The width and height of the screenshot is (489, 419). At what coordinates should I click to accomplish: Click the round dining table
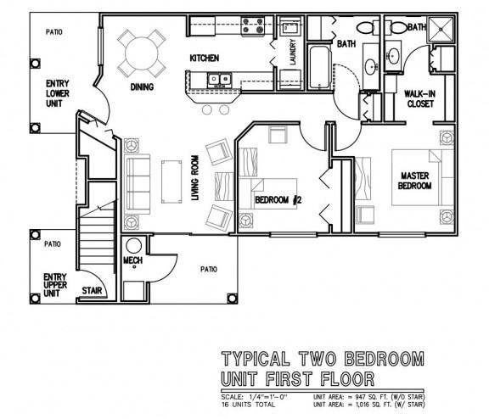pyautogui.click(x=142, y=53)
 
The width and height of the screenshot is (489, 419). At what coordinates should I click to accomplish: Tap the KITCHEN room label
pyautogui.click(x=205, y=58)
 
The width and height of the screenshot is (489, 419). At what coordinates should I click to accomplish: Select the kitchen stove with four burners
pyautogui.click(x=253, y=26)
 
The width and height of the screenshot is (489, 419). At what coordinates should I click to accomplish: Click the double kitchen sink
pyautogui.click(x=219, y=80)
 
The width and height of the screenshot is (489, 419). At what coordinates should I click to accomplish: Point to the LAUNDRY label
pyautogui.click(x=293, y=52)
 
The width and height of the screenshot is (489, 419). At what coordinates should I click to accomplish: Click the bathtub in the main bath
pyautogui.click(x=319, y=67)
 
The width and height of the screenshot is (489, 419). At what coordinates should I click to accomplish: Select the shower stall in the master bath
pyautogui.click(x=441, y=30)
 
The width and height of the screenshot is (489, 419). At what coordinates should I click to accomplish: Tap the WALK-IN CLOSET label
pyautogui.click(x=419, y=98)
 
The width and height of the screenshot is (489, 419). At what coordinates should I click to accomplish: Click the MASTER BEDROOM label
pyautogui.click(x=415, y=181)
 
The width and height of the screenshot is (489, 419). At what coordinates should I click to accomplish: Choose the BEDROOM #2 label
pyautogui.click(x=278, y=199)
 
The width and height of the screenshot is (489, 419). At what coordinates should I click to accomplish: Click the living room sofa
pyautogui.click(x=138, y=184)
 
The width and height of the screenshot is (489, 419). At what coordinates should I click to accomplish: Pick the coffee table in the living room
pyautogui.click(x=171, y=182)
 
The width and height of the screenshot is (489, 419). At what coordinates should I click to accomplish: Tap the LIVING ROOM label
pyautogui.click(x=195, y=178)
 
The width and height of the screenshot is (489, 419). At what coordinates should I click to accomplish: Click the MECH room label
pyautogui.click(x=132, y=260)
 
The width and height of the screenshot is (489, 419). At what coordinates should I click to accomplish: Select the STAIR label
pyautogui.click(x=92, y=291)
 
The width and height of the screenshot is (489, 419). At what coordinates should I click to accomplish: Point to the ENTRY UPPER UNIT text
pyautogui.click(x=55, y=285)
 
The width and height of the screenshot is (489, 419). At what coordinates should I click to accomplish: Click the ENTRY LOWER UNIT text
pyautogui.click(x=58, y=93)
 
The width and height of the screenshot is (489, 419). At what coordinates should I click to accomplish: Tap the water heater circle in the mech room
pyautogui.click(x=134, y=246)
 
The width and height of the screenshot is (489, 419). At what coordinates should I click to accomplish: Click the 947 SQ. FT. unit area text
pyautogui.click(x=370, y=397)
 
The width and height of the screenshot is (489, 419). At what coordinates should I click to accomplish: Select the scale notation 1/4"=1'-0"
pyautogui.click(x=268, y=397)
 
